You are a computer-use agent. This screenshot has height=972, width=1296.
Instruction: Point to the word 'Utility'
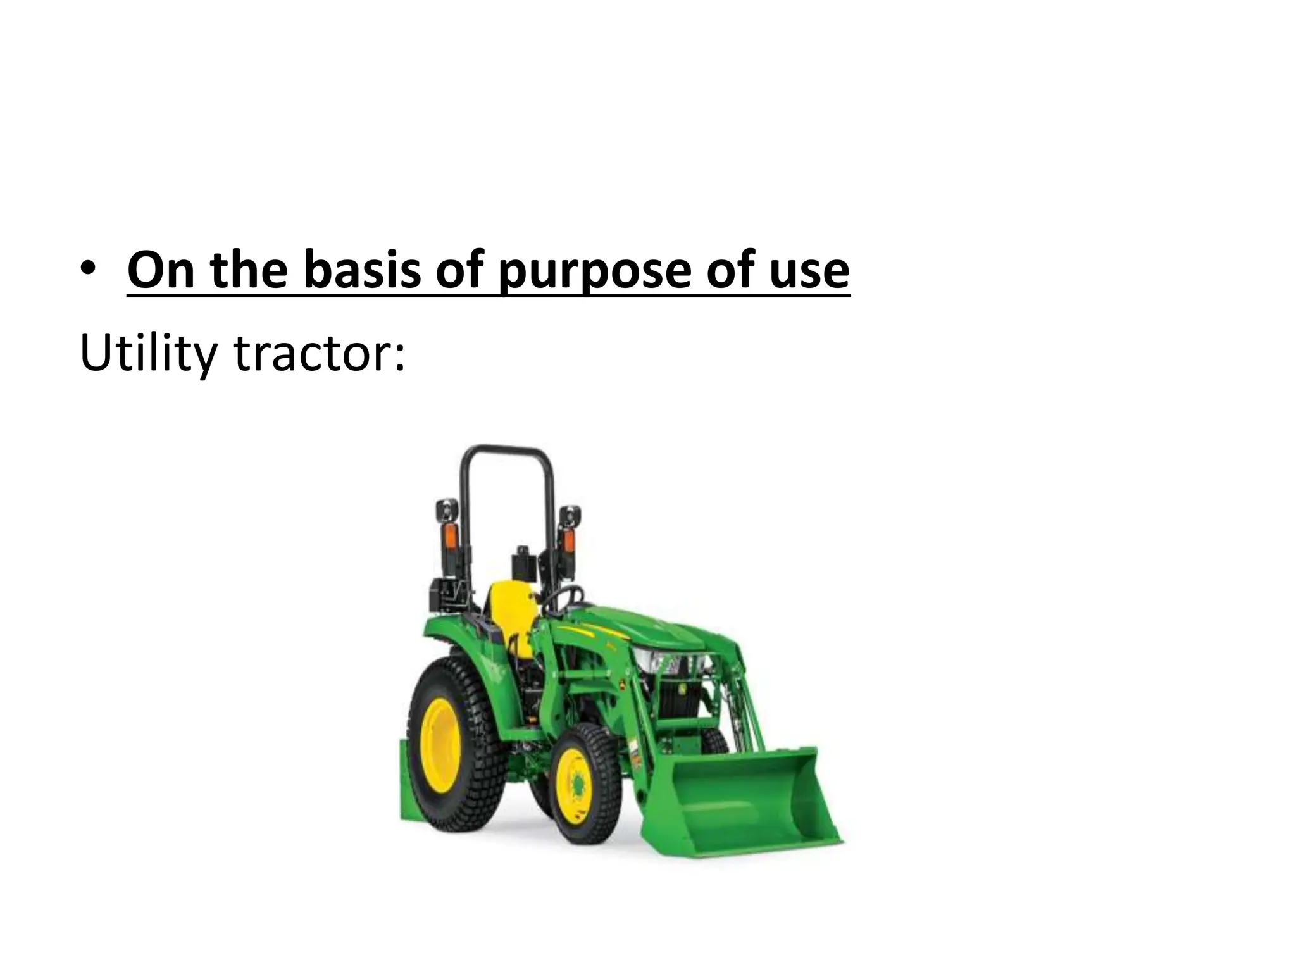149,354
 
